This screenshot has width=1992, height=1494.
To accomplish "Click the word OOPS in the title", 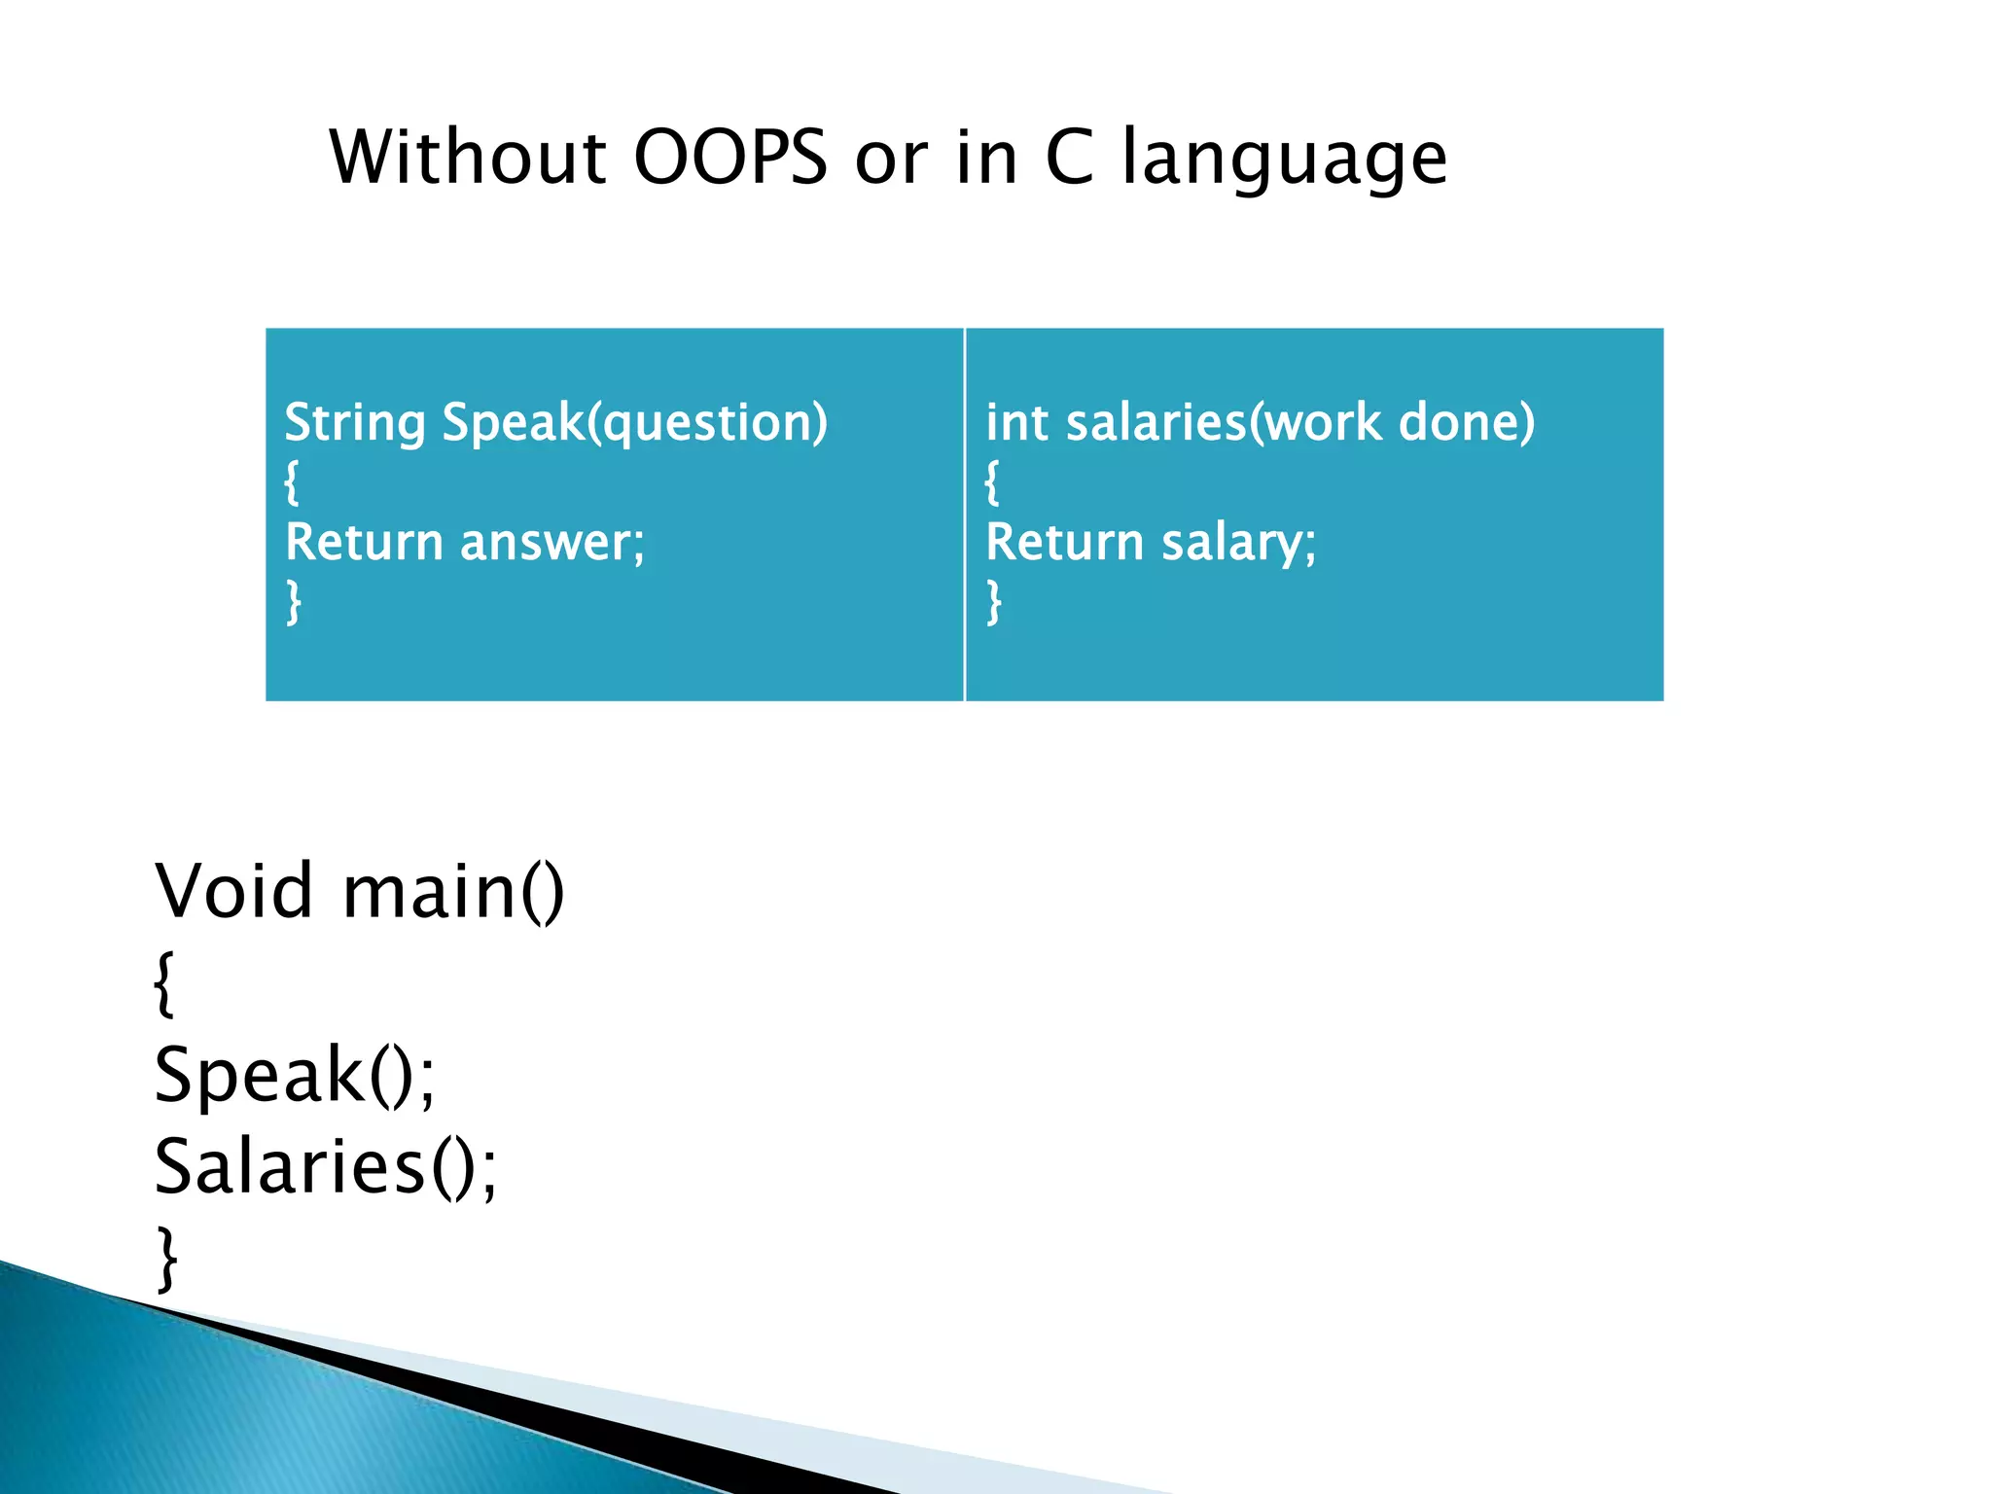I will [x=729, y=158].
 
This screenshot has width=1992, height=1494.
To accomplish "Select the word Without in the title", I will [x=468, y=158].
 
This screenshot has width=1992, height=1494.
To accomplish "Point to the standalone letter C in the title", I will [x=1069, y=158].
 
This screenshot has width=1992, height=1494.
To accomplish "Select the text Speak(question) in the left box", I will [x=634, y=423].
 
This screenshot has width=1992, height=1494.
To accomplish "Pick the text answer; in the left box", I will [x=551, y=542].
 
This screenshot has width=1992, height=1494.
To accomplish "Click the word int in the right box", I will [x=1016, y=423].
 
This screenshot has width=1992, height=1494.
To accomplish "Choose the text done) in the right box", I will [x=1466, y=423].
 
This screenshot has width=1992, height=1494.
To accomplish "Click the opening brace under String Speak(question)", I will [x=292, y=482].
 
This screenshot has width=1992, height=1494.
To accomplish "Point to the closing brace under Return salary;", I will [x=993, y=602].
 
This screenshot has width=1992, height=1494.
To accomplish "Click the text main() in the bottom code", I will [x=453, y=893].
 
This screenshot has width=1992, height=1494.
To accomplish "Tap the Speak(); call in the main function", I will [x=295, y=1075].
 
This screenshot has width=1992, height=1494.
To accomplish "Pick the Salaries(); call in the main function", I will [x=326, y=1166].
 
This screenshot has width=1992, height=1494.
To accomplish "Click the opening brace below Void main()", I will [x=164, y=984].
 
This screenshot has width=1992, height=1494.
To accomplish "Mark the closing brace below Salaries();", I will [x=167, y=1259].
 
